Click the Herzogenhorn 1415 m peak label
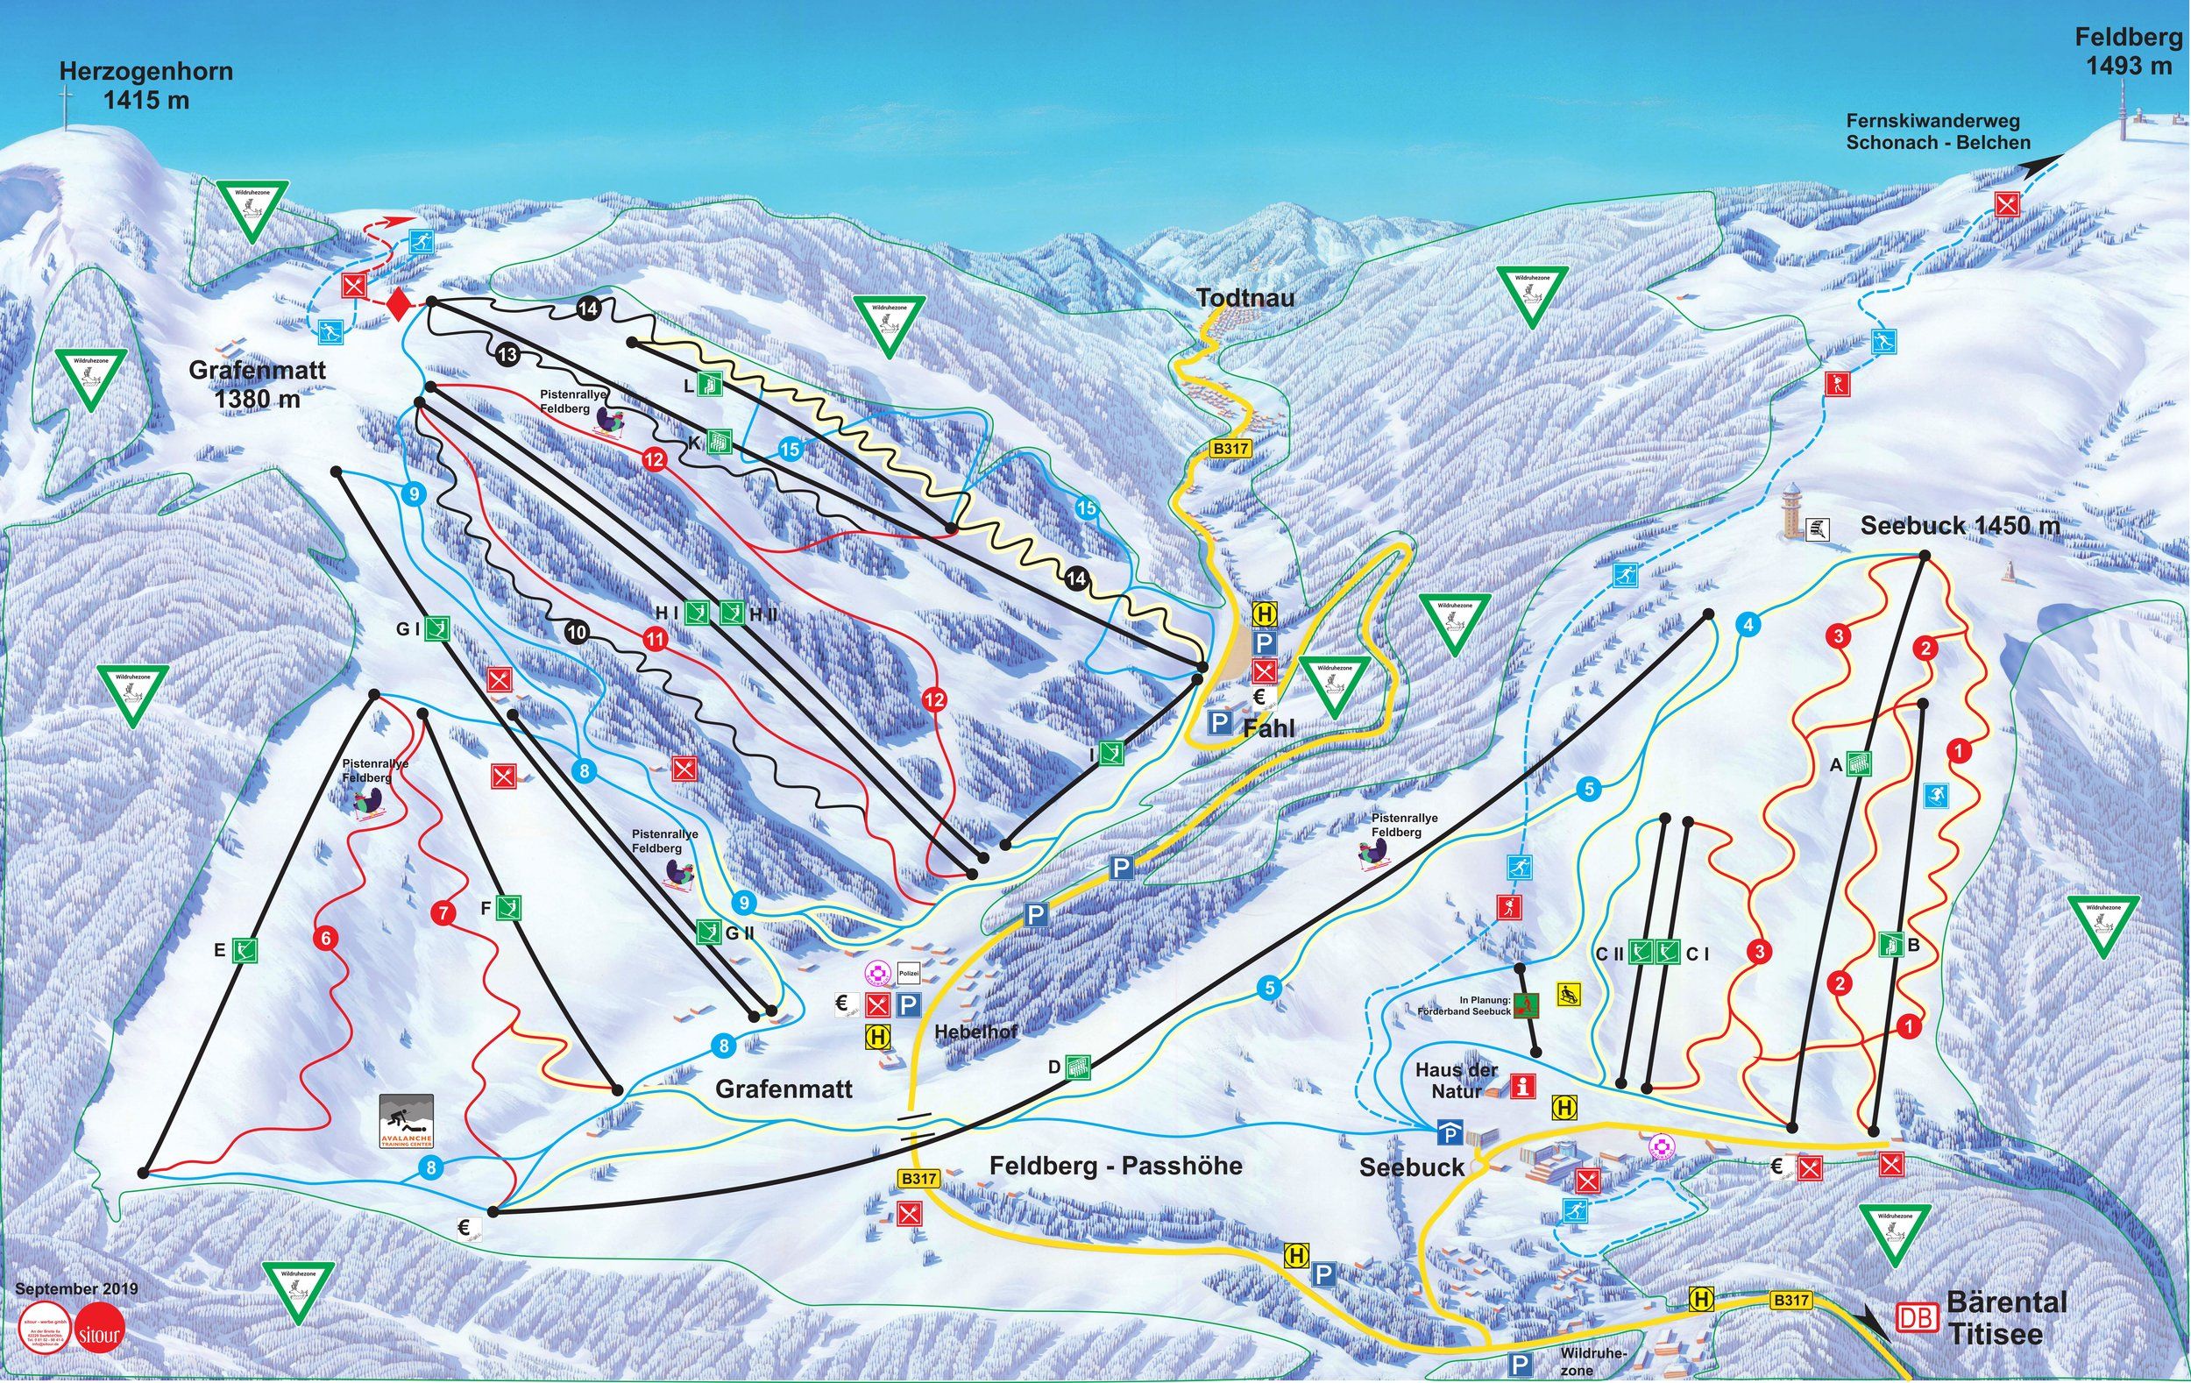point(145,86)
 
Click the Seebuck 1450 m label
point(1959,526)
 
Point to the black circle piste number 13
point(507,356)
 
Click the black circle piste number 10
point(576,631)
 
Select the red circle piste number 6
point(325,936)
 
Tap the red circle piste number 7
point(443,914)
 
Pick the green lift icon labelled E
point(245,951)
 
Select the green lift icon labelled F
point(508,907)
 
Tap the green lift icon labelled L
point(711,386)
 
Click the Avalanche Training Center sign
point(407,1122)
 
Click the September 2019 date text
point(76,1289)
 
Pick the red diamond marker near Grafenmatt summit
point(397,304)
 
